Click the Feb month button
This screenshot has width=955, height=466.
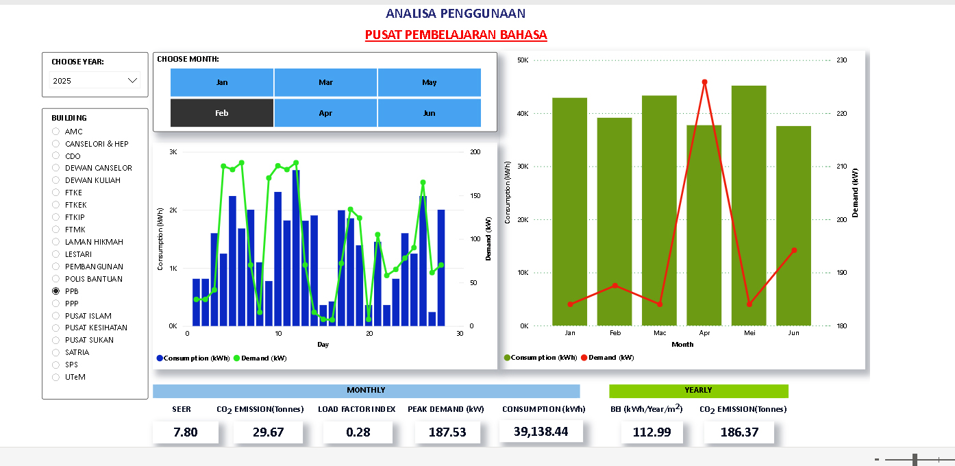221,113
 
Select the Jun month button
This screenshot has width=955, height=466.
429,113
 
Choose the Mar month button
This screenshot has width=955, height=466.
325,82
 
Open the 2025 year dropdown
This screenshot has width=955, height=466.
95,81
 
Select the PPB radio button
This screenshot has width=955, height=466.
56,291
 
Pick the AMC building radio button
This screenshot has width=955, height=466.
56,132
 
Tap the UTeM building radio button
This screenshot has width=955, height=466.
56,377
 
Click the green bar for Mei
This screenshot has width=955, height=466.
749,206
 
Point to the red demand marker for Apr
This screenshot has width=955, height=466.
704,82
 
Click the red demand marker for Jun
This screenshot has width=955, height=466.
794,250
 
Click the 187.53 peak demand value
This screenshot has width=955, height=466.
447,432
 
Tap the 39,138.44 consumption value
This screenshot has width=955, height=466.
541,432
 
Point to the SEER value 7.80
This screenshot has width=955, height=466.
186,432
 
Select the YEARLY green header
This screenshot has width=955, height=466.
698,391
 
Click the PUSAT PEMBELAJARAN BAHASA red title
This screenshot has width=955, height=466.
456,35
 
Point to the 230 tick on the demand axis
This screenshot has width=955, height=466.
842,60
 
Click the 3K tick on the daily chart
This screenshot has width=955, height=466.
173,152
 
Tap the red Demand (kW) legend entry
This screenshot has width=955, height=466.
607,358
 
